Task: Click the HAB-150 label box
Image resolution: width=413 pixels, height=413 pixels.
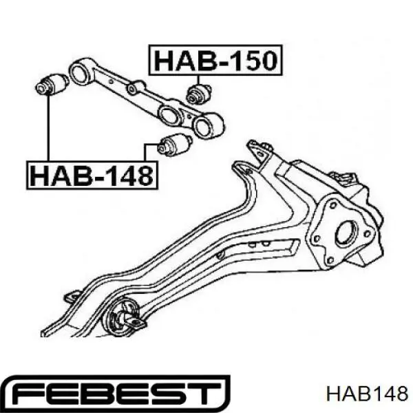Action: tap(215, 60)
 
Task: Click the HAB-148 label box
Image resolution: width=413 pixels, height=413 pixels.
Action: tap(92, 175)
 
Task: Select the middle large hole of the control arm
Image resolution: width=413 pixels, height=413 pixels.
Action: tap(169, 114)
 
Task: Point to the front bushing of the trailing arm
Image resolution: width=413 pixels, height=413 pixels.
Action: tap(123, 315)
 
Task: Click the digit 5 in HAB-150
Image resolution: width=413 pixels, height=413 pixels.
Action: tap(243, 61)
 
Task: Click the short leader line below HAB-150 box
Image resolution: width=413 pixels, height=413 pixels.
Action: tap(198, 80)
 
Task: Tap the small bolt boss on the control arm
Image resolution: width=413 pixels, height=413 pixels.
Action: tap(132, 89)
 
